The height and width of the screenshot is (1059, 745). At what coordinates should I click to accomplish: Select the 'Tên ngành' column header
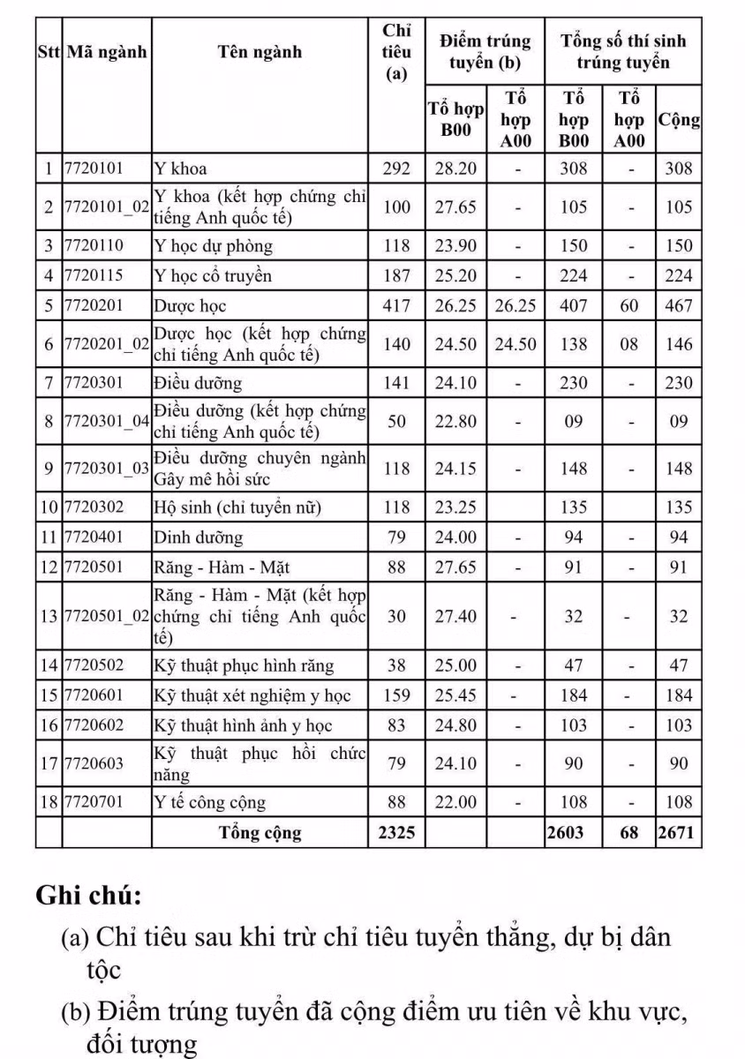pyautogui.click(x=260, y=52)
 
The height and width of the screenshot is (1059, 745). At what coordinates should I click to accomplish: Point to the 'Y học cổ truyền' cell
pyautogui.click(x=213, y=276)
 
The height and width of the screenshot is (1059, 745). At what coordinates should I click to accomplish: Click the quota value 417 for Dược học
pyautogui.click(x=397, y=306)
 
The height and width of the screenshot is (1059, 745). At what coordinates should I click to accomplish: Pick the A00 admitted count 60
pyautogui.click(x=628, y=306)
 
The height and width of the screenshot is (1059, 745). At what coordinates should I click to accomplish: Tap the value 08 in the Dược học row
pyautogui.click(x=628, y=344)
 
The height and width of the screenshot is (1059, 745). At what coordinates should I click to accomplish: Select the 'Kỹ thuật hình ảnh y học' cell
pyautogui.click(x=243, y=726)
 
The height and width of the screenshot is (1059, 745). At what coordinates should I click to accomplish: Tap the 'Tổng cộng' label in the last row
pyautogui.click(x=260, y=833)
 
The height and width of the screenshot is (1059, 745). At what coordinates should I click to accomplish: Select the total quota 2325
pyautogui.click(x=397, y=833)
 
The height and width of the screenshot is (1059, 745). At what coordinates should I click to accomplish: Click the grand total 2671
pyautogui.click(x=679, y=833)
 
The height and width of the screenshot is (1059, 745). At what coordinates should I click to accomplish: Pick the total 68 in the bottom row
pyautogui.click(x=628, y=833)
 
